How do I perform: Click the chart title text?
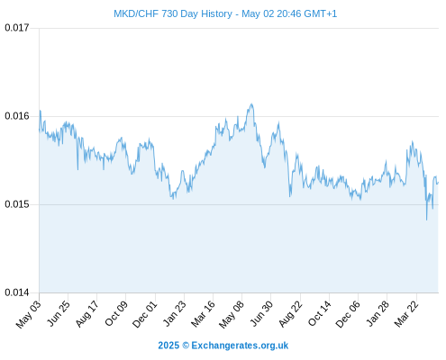(x=225, y=13)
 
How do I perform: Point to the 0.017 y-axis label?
(x=17, y=28)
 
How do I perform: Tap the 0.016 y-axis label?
(x=17, y=116)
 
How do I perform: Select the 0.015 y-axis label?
(x=17, y=204)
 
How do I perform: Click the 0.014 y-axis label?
(x=17, y=292)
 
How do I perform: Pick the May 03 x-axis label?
(x=29, y=314)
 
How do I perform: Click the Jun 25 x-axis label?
(x=59, y=313)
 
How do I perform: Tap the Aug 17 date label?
(x=87, y=314)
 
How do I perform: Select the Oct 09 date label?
(x=116, y=313)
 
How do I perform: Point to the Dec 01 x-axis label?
(x=145, y=314)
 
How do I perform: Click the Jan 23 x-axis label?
(x=175, y=313)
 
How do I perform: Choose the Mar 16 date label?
(x=204, y=314)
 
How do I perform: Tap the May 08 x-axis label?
(x=232, y=314)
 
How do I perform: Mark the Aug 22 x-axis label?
(x=291, y=314)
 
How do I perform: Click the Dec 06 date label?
(x=348, y=314)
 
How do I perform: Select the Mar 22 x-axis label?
(x=406, y=314)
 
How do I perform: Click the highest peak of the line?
(x=251, y=103)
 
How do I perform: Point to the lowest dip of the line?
(x=426, y=220)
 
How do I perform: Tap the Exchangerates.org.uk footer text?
(x=240, y=346)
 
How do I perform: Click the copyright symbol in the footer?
(x=186, y=346)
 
